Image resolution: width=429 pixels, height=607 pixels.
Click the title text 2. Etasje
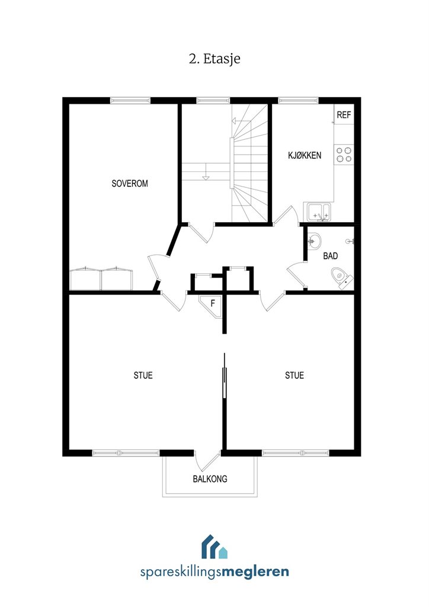(214, 59)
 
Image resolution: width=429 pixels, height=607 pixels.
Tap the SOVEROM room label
(130, 184)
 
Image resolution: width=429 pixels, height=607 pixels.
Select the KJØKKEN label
(305, 155)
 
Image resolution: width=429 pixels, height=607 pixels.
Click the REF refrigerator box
(344, 115)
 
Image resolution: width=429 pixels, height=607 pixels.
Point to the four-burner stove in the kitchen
(344, 155)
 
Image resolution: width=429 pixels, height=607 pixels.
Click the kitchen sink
(318, 210)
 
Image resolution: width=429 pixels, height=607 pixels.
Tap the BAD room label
(331, 257)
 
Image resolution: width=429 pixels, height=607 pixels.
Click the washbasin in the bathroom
(315, 241)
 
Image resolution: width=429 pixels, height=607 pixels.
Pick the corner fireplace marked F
(212, 303)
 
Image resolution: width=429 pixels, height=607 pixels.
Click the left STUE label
(143, 375)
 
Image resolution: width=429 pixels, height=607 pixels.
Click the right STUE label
(294, 375)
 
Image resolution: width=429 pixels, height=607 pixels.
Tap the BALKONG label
(210, 479)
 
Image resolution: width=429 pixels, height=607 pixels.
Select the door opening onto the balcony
(207, 459)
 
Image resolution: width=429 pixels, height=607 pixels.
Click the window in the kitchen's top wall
(298, 100)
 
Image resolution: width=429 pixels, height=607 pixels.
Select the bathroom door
(296, 276)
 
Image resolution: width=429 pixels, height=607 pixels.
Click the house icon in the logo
(214, 547)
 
